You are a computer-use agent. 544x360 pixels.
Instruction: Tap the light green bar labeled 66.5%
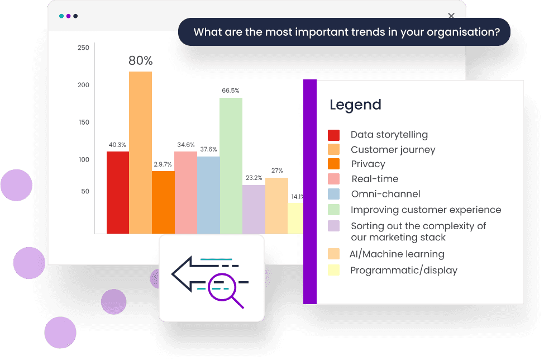pos(231,165)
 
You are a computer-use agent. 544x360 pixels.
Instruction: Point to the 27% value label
pos(277,170)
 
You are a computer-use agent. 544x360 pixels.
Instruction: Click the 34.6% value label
pos(186,145)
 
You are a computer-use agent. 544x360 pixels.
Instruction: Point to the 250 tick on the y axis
pos(83,48)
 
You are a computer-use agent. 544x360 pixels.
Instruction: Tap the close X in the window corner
pos(451,16)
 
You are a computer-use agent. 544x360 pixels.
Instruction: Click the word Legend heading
pos(355,105)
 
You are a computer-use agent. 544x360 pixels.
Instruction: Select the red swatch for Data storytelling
pos(333,135)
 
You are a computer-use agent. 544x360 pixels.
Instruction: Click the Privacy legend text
pos(368,164)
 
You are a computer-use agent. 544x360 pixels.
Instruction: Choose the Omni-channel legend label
pos(385,194)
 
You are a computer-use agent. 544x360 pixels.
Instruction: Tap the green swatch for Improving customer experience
pos(333,210)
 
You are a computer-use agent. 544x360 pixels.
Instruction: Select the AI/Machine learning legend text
pos(397,254)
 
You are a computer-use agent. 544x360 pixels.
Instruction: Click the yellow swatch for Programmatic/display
pos(333,271)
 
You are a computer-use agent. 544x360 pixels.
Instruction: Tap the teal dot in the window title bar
pos(61,16)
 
